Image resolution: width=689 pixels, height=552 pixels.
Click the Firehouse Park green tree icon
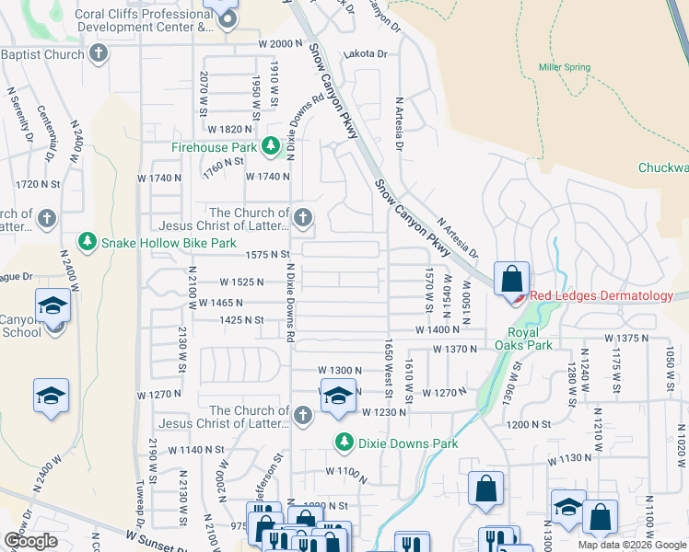[x=271, y=146]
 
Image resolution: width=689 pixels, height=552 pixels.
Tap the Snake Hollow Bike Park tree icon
[x=87, y=243]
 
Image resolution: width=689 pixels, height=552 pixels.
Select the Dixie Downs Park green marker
[x=344, y=443]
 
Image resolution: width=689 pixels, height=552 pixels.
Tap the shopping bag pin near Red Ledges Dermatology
[x=511, y=277]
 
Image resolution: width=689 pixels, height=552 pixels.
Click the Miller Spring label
[x=563, y=67]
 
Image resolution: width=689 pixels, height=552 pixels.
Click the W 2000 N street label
[x=280, y=43]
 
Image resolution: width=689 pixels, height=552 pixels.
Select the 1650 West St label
[x=389, y=368]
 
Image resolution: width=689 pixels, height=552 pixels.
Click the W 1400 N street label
[x=437, y=328]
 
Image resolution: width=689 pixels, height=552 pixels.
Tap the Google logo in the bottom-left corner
[x=30, y=540]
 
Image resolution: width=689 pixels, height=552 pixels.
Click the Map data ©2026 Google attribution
[x=632, y=545]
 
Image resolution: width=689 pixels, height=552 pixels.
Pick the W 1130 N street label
[x=570, y=458]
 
